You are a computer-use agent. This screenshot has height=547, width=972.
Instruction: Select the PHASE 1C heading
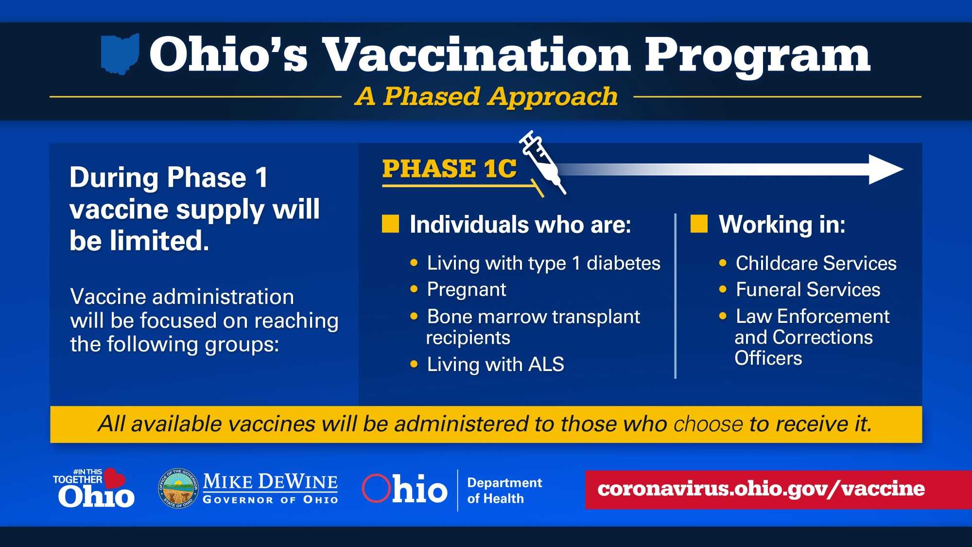[x=450, y=169]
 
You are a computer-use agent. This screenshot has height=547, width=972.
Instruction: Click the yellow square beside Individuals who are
[x=390, y=224]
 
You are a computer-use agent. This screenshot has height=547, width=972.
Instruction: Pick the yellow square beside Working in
[x=699, y=224]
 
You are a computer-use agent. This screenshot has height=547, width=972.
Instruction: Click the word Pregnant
[x=467, y=290]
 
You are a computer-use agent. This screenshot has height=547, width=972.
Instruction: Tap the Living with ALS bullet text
[x=495, y=364]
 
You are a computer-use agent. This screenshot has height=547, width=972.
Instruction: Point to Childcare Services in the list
[x=816, y=263]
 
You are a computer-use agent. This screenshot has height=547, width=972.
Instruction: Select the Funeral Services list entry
[x=808, y=290]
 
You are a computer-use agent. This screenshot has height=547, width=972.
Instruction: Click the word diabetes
[x=624, y=263]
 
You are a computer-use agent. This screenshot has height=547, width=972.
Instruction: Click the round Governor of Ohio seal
[x=178, y=489]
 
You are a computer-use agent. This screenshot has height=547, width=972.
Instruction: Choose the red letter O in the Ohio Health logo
[x=376, y=488]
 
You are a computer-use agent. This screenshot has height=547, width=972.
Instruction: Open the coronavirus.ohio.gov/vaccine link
[x=761, y=489]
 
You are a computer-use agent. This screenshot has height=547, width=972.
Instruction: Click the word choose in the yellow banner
[x=708, y=424]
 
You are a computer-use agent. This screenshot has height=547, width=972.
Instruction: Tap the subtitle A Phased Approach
[x=486, y=96]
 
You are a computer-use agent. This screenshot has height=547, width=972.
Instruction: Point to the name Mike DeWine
[x=270, y=482]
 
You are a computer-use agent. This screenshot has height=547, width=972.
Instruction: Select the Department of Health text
[x=504, y=491]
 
